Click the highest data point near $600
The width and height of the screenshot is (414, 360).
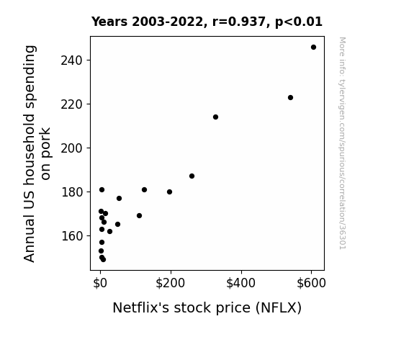[313, 48]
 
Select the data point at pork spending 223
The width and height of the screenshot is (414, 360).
[290, 98]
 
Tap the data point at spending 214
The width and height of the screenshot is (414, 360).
[215, 117]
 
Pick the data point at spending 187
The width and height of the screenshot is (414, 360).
[192, 176]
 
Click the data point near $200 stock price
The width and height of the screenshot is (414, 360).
[169, 192]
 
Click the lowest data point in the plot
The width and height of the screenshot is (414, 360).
[103, 260]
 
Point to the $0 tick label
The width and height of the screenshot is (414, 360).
[100, 283]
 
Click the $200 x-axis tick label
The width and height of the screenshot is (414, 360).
[171, 283]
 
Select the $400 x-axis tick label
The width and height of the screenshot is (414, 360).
[240, 283]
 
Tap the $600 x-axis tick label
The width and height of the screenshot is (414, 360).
[311, 283]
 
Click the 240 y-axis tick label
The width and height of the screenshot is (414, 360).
[72, 60]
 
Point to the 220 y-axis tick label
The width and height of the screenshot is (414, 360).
[72, 104]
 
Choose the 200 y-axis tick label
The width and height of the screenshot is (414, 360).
[72, 148]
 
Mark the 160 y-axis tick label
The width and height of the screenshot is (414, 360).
[72, 236]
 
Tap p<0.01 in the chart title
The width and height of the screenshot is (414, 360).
[299, 22]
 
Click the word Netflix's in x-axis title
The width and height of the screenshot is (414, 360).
[140, 307]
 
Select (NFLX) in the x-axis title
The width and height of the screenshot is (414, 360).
[279, 308]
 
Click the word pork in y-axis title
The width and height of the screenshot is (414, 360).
[45, 142]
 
